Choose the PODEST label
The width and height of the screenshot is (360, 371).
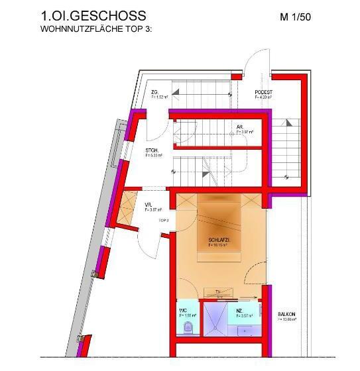click(x=264, y=91)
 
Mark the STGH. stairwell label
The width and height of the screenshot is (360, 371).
click(x=152, y=150)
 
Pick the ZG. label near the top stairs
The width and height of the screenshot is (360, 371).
click(x=154, y=91)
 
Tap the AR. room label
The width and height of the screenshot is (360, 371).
click(x=239, y=127)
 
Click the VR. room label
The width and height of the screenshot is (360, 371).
click(x=148, y=205)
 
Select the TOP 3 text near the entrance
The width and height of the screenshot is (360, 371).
click(x=163, y=219)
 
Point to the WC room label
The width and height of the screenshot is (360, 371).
click(x=183, y=309)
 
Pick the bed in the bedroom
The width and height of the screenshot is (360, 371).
click(x=219, y=225)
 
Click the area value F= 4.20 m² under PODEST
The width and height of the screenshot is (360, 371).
click(x=264, y=97)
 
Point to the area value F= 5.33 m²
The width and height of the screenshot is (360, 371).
click(x=154, y=156)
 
